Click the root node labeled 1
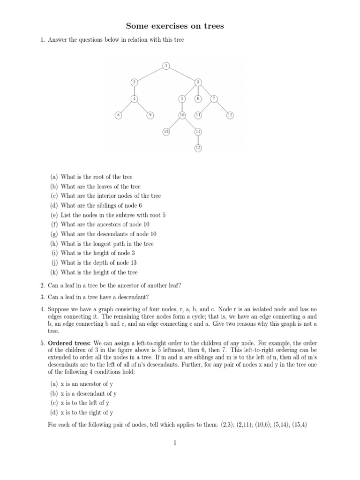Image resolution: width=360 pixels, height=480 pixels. pyautogui.click(x=166, y=65)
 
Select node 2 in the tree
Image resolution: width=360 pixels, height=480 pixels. pyautogui.click(x=134, y=82)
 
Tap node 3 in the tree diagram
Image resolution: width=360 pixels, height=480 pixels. pyautogui.click(x=198, y=82)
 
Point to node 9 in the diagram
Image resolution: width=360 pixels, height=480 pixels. pyautogui.click(x=150, y=115)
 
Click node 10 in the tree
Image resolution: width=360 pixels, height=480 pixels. pyautogui.click(x=182, y=115)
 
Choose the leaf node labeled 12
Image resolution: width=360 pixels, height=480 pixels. pyautogui.click(x=230, y=115)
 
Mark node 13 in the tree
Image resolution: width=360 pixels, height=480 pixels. pyautogui.click(x=166, y=132)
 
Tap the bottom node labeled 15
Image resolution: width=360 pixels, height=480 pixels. pyautogui.click(x=198, y=149)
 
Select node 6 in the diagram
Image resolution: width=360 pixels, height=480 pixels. pyautogui.click(x=198, y=98)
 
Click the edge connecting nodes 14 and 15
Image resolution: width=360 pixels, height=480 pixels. pyautogui.click(x=198, y=140)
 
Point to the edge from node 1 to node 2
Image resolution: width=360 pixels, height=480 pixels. pyautogui.click(x=150, y=74)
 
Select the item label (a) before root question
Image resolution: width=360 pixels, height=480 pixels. pyautogui.click(x=54, y=177)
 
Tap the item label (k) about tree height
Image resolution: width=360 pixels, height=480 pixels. pyautogui.click(x=54, y=272)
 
